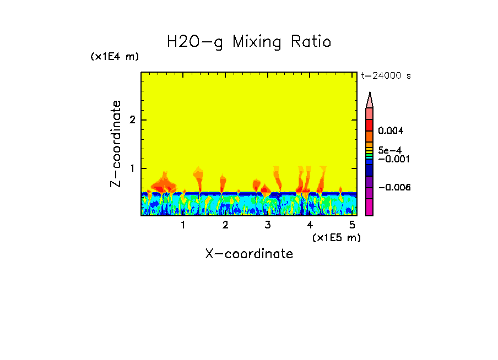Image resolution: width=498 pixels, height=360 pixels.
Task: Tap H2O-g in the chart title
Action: click(194, 42)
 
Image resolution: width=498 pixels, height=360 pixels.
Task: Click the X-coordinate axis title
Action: click(249, 254)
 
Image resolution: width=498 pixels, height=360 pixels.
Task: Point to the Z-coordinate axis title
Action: click(116, 144)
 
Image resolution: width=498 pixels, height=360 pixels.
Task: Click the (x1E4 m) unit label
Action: click(115, 57)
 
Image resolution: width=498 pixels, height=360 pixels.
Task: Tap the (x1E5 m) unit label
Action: click(336, 237)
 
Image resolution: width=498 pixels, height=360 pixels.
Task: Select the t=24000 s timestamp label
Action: click(386, 76)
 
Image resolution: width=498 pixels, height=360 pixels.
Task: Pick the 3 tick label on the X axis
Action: click(268, 225)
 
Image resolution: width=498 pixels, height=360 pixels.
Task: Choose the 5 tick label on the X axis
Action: click(352, 225)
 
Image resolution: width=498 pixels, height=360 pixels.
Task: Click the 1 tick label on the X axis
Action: click(183, 225)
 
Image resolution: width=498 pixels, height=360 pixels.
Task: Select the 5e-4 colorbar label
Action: click(389, 150)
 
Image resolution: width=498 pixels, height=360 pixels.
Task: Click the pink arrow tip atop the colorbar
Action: click(370, 100)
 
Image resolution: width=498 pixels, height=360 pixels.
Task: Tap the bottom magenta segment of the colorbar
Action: click(370, 208)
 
